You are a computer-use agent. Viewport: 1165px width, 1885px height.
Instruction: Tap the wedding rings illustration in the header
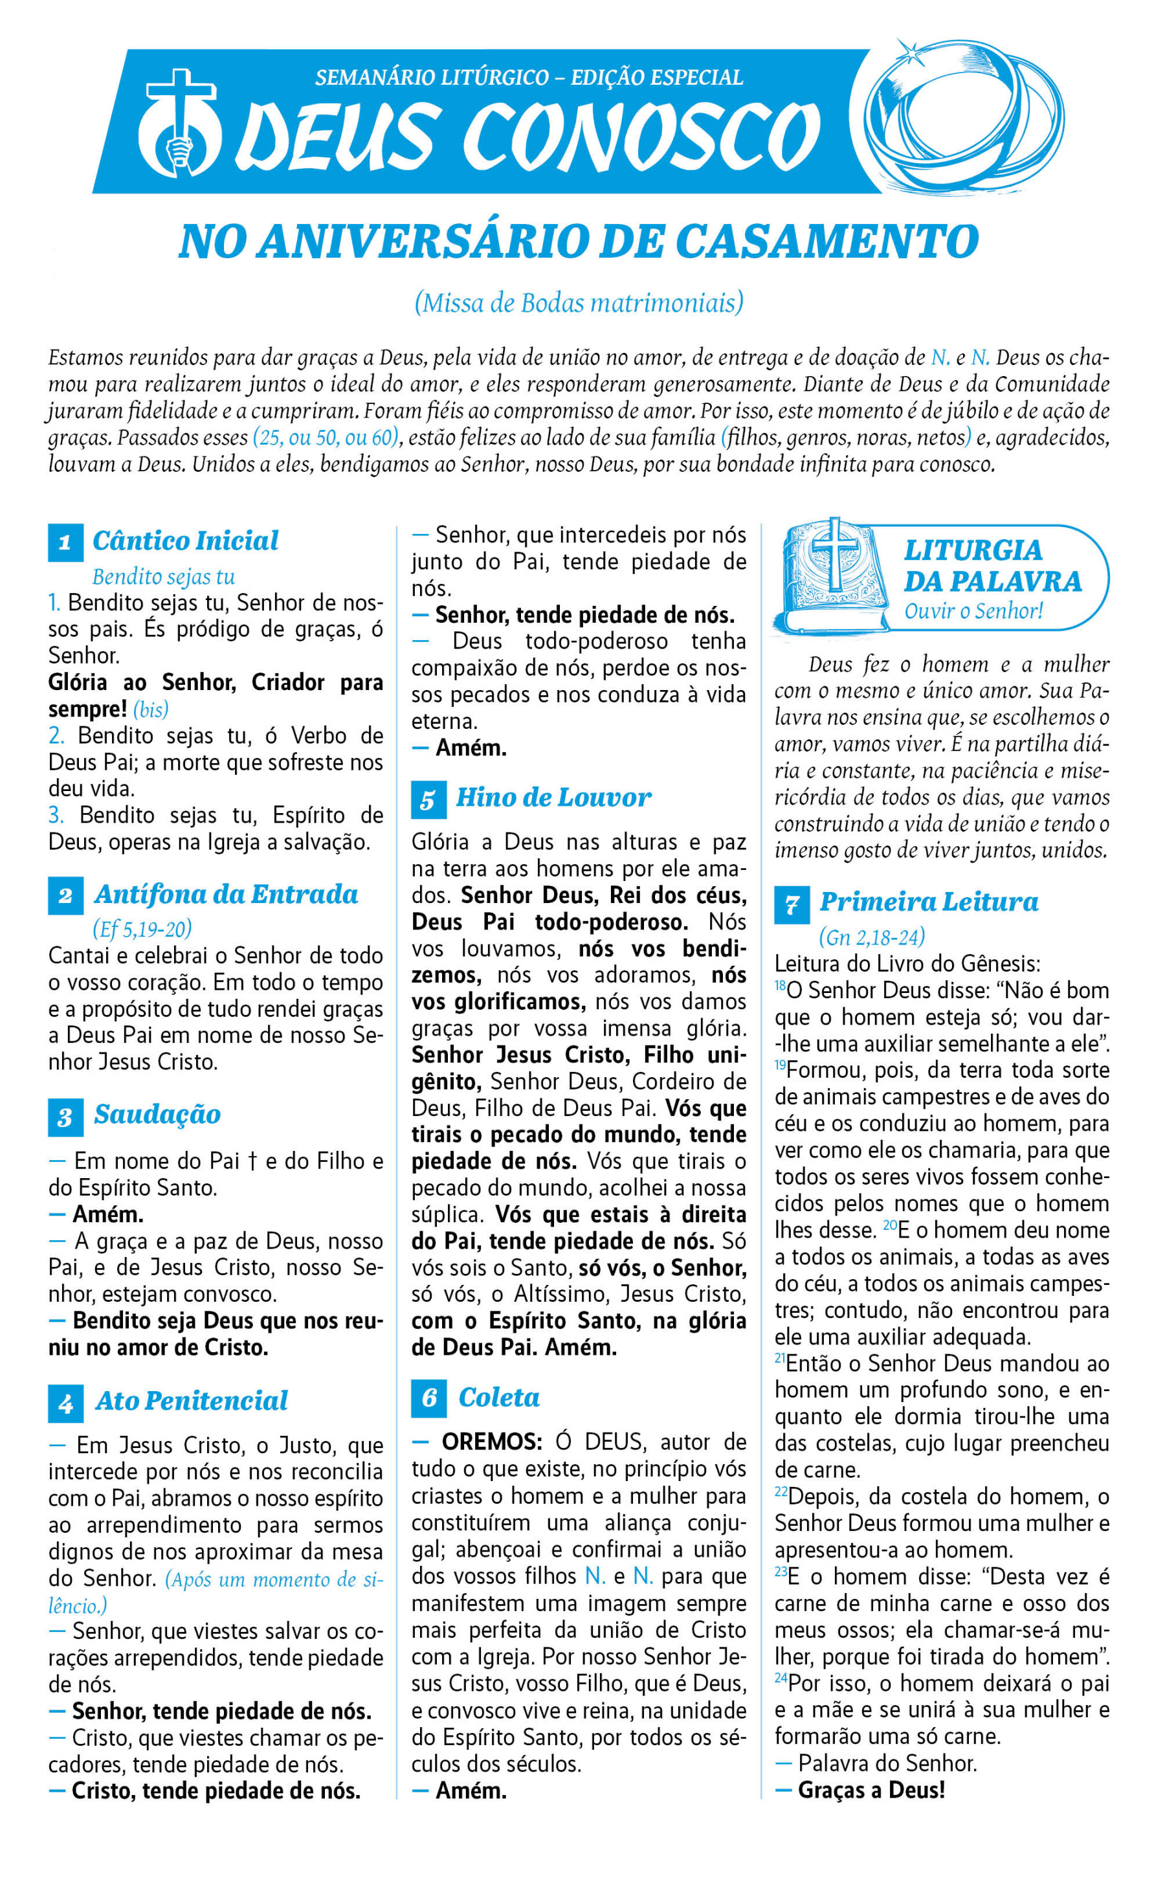[963, 118]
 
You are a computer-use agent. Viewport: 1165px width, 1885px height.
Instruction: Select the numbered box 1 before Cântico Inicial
[65, 542]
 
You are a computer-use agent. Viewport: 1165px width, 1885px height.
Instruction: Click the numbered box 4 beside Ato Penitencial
[65, 1403]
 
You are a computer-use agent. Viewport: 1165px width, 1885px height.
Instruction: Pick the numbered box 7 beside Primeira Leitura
[792, 904]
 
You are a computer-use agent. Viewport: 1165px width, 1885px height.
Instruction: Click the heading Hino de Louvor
[553, 797]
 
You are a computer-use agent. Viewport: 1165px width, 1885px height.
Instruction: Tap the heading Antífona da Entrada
[226, 894]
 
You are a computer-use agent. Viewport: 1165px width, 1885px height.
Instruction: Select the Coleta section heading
[499, 1397]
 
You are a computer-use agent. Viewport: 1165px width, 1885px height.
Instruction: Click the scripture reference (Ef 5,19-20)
[142, 929]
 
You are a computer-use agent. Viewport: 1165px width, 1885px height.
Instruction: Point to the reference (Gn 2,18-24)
[871, 937]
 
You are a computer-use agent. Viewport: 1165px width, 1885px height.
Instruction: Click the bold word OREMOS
[492, 1442]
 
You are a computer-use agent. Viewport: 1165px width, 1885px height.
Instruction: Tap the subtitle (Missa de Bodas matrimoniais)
[579, 303]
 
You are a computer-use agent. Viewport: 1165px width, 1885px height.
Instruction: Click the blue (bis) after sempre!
[150, 709]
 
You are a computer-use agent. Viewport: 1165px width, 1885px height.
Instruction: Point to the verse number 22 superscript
[781, 1493]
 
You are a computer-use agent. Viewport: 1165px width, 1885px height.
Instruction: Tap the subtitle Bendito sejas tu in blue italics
[163, 577]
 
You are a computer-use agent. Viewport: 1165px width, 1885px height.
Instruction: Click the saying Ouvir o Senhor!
[973, 611]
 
